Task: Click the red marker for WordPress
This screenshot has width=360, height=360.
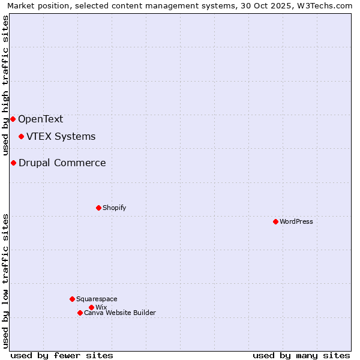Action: click(275, 221)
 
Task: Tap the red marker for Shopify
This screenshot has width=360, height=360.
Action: click(98, 208)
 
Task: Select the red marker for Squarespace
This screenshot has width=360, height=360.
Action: click(72, 299)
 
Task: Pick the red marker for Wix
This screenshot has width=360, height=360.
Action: click(91, 307)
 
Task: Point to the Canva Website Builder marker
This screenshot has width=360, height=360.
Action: click(80, 313)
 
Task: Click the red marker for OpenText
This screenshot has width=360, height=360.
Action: click(13, 119)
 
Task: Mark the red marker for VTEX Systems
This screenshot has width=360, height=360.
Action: click(21, 136)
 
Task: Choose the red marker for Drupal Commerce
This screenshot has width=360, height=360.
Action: click(13, 163)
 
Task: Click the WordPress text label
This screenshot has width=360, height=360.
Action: click(296, 221)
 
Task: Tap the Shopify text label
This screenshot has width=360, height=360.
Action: click(114, 208)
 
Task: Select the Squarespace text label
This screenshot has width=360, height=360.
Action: click(97, 299)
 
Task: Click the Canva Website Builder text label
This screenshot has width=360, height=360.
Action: click(120, 313)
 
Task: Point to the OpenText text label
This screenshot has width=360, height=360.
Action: click(40, 119)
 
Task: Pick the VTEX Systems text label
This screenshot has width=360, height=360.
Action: click(61, 136)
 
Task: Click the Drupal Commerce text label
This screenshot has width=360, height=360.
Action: click(62, 163)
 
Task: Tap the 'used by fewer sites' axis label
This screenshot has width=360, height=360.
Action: click(62, 355)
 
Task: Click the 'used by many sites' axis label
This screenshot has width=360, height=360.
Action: click(301, 355)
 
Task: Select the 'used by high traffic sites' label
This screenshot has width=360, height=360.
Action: click(6, 85)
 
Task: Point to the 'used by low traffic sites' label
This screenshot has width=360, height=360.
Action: click(6, 281)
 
